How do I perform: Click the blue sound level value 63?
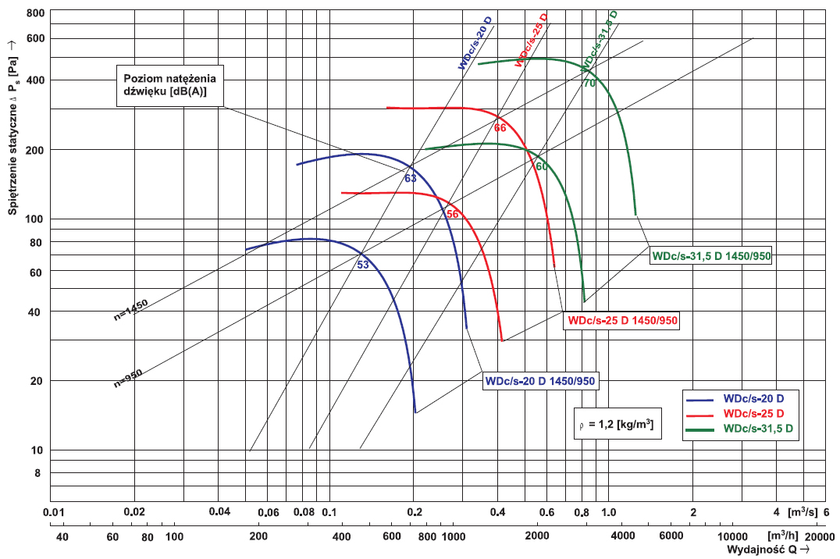pyautogui.click(x=411, y=179)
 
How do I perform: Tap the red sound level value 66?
pyautogui.click(x=500, y=127)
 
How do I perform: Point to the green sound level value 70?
pyautogui.click(x=589, y=83)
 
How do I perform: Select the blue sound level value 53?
pyautogui.click(x=363, y=265)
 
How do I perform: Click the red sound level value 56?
pyautogui.click(x=452, y=214)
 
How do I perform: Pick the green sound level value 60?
pyautogui.click(x=542, y=166)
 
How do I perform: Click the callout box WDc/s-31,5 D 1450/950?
pyautogui.click(x=711, y=256)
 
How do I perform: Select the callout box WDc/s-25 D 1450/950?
pyautogui.click(x=622, y=320)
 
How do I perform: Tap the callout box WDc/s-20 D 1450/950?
pyautogui.click(x=541, y=381)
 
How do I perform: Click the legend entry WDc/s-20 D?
pyautogui.click(x=753, y=398)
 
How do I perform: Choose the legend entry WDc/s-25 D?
pyautogui.click(x=753, y=413)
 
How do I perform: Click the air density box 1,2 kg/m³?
pyautogui.click(x=618, y=424)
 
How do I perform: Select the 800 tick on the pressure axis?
pyautogui.click(x=37, y=14)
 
